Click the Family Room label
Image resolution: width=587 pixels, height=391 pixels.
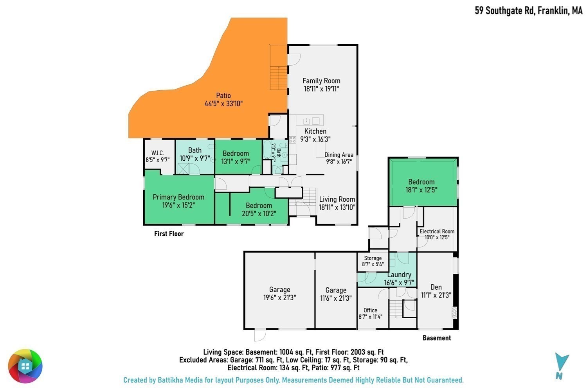click(321, 81)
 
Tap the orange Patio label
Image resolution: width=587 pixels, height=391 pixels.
click(223, 95)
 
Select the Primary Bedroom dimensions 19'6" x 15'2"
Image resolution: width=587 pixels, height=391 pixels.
click(178, 205)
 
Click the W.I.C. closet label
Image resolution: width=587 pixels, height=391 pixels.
click(157, 153)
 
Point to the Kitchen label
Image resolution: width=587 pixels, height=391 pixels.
click(315, 131)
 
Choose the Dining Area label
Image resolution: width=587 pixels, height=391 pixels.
click(339, 155)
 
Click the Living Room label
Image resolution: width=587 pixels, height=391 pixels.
click(337, 199)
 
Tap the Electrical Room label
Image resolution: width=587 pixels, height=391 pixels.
click(437, 231)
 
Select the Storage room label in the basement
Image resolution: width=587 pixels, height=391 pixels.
click(373, 258)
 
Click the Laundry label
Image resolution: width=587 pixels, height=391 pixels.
click(399, 275)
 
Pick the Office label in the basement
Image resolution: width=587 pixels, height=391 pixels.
click(370, 310)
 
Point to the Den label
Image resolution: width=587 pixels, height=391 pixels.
click(436, 287)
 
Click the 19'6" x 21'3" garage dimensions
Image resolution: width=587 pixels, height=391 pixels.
click(280, 298)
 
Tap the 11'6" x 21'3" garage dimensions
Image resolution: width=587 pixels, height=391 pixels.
click(336, 298)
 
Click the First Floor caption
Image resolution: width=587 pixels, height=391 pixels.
click(169, 233)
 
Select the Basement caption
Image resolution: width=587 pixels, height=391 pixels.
click(437, 338)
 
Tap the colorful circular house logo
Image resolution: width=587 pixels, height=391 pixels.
click(25, 366)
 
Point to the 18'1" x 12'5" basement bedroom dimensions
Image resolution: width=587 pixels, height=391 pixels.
click(421, 190)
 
